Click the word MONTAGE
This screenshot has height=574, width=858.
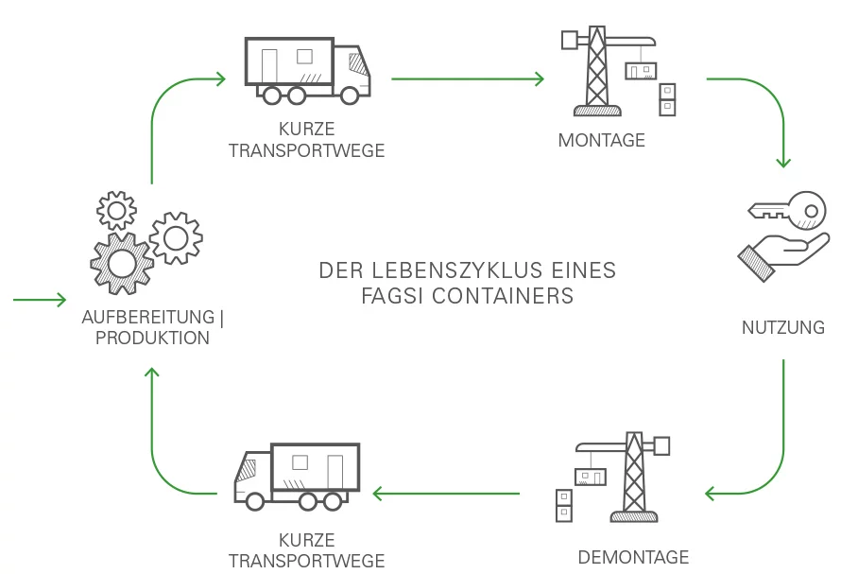601,140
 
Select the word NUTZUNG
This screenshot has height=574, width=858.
782,328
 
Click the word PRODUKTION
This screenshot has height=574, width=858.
152,338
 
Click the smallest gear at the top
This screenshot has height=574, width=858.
116,210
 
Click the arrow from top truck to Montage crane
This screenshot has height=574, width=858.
468,79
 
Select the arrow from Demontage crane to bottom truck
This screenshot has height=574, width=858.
446,493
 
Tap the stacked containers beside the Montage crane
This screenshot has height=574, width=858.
668,99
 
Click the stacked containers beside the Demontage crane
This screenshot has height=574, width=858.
563,504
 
